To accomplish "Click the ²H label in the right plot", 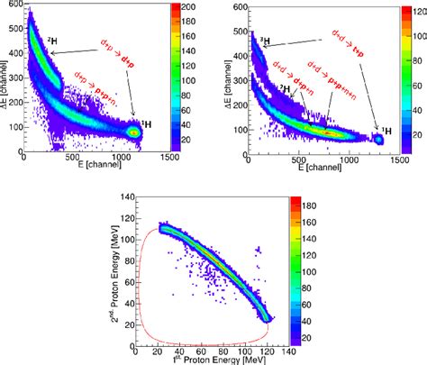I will [285, 87].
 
